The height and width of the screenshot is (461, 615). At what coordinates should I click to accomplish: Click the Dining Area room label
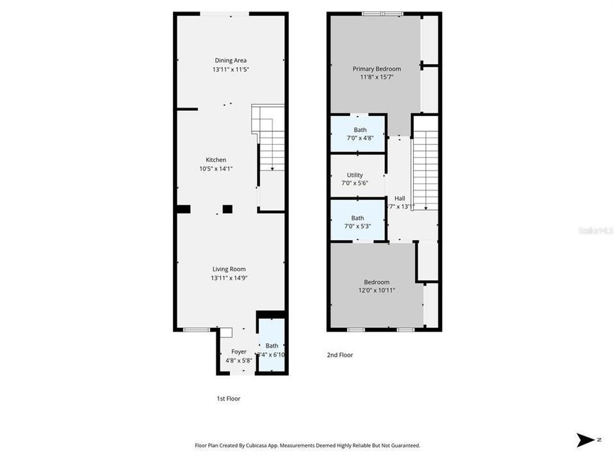point(231,61)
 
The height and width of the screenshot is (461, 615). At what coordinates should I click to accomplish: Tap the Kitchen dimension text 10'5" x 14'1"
point(215,169)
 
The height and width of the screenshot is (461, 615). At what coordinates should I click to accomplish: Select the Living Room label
point(229,270)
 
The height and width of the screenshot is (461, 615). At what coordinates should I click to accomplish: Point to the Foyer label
point(239,352)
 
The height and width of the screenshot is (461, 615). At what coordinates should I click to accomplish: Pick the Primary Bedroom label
point(377,69)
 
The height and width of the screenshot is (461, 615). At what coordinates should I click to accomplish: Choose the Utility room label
point(355,175)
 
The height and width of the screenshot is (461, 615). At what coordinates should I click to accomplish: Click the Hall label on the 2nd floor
point(400,198)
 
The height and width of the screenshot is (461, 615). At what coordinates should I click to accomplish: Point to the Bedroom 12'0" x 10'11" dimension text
point(377,291)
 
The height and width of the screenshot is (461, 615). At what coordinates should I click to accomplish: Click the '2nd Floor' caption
point(340,355)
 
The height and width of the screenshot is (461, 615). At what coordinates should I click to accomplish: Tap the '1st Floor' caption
point(228,398)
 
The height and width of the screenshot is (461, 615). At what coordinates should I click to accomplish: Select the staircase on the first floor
point(270,138)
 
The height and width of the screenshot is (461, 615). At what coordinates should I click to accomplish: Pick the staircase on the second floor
point(424,170)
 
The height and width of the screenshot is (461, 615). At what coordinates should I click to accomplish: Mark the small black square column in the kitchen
point(227,208)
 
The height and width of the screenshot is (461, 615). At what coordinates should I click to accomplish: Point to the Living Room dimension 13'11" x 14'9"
point(229,279)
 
